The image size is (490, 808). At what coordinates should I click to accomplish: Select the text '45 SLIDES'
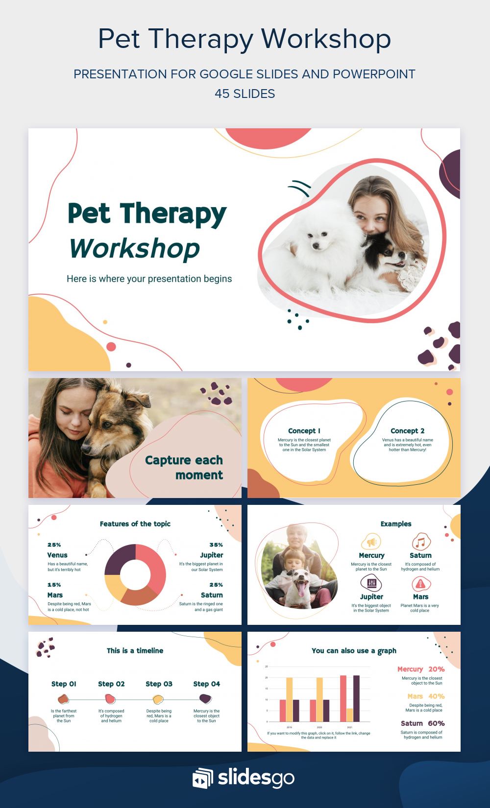(245, 94)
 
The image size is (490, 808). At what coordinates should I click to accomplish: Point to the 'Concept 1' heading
(304, 431)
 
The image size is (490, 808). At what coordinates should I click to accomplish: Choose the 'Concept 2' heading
(407, 431)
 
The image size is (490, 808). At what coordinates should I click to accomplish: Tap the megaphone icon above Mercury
(371, 542)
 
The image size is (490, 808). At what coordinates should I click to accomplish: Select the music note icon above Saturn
(420, 542)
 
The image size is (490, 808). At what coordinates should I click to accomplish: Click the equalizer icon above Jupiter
(371, 583)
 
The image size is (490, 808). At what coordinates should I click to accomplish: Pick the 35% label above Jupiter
(216, 545)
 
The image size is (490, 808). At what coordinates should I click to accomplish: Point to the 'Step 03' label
(159, 684)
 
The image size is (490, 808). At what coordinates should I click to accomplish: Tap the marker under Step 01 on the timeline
(63, 699)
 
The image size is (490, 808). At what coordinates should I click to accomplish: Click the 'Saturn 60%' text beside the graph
(422, 723)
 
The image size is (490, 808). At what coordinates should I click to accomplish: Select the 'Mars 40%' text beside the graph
(426, 696)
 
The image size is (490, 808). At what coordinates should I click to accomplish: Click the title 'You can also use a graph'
(354, 651)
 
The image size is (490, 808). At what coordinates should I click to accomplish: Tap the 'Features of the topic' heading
(135, 524)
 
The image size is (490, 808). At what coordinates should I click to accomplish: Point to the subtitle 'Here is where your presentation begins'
(149, 279)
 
